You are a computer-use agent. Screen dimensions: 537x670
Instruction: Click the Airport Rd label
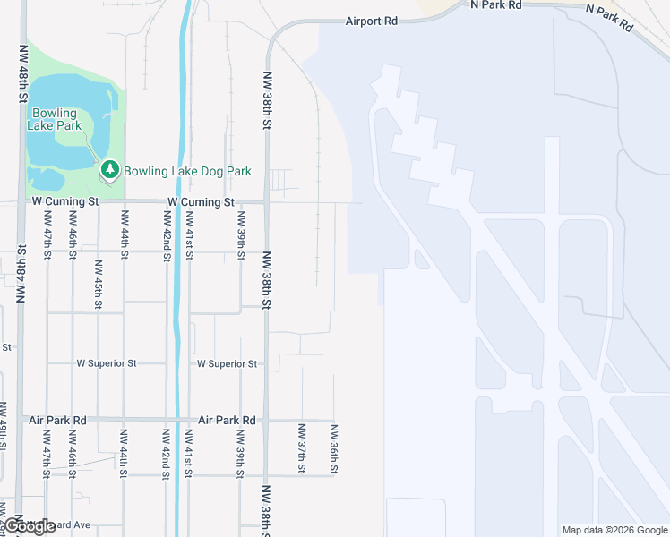371,21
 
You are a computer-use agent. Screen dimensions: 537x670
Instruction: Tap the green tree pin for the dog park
110,169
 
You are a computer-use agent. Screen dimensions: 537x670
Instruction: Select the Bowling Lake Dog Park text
187,171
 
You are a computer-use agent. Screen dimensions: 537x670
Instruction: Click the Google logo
30,526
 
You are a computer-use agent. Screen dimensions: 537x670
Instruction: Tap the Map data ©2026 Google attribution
614,530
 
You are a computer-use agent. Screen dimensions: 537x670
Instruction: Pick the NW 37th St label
302,447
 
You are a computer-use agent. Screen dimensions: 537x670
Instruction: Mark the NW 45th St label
98,285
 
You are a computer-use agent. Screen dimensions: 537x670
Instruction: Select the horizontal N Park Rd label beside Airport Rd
495,5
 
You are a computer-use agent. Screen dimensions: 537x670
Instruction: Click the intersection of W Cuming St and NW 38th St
266,202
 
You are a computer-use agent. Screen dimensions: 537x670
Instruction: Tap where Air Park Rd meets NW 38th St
266,420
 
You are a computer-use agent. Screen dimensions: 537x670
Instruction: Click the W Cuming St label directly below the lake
64,202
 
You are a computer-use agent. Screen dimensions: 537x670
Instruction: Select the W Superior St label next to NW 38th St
227,364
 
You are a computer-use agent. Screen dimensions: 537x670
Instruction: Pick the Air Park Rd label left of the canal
57,420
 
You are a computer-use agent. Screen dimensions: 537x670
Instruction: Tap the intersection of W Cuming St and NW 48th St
20,202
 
